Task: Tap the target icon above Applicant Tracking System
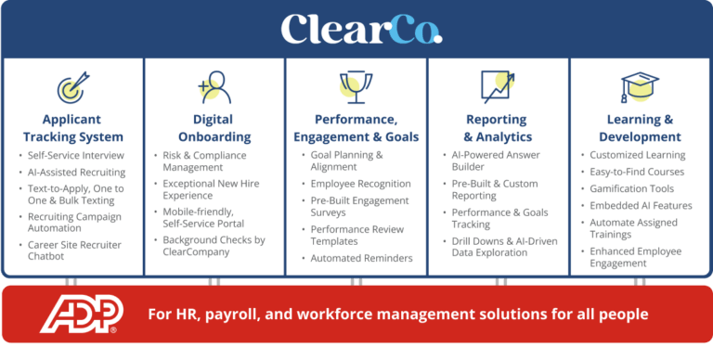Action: pyautogui.click(x=71, y=88)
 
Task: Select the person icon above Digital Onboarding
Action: pyautogui.click(x=214, y=86)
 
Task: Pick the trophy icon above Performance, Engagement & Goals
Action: pyautogui.click(x=356, y=86)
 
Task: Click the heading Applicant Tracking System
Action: pyautogui.click(x=72, y=128)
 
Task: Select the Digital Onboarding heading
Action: pyautogui.click(x=213, y=128)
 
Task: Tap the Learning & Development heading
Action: pyautogui.click(x=640, y=128)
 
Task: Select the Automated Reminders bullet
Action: pyautogui.click(x=361, y=258)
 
